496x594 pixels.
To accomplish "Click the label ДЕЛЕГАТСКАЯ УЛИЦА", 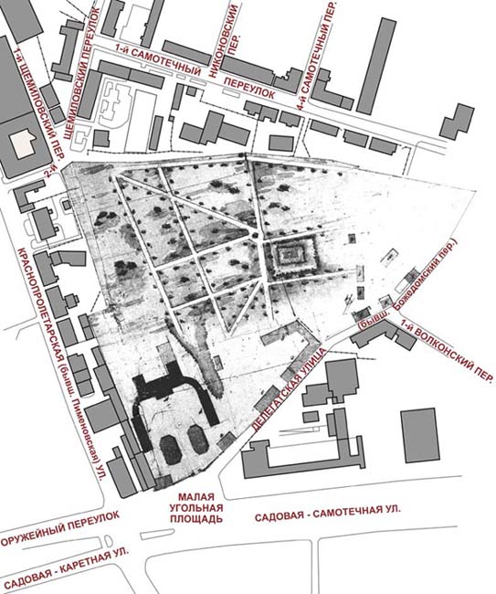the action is click(x=288, y=388).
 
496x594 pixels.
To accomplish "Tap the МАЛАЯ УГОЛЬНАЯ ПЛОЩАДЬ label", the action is click(x=195, y=507).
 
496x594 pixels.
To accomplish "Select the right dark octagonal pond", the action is click(x=197, y=439).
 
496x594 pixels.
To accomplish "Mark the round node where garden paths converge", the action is click(x=255, y=236).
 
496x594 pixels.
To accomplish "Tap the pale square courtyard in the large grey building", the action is click(x=25, y=144).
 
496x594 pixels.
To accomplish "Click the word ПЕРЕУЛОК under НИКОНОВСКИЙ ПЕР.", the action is click(x=249, y=88).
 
